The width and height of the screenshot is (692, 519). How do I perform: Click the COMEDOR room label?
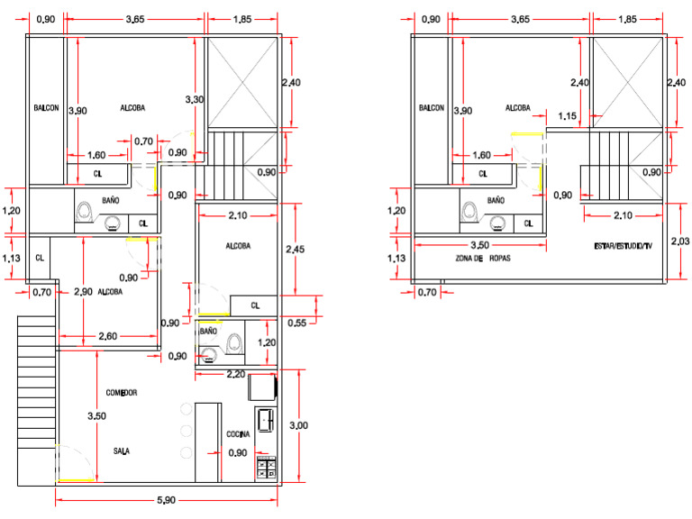(121, 393)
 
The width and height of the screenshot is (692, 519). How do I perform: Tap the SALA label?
(120, 451)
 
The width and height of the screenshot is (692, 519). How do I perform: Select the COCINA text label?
(238, 433)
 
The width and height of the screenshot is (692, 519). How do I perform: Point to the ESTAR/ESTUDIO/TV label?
(624, 245)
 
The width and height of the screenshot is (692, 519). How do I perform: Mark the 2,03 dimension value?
(681, 241)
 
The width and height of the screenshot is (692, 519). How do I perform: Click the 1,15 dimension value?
(567, 116)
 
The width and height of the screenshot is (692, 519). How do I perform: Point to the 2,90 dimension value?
(83, 292)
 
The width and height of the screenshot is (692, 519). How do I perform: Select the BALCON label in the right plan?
(432, 108)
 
